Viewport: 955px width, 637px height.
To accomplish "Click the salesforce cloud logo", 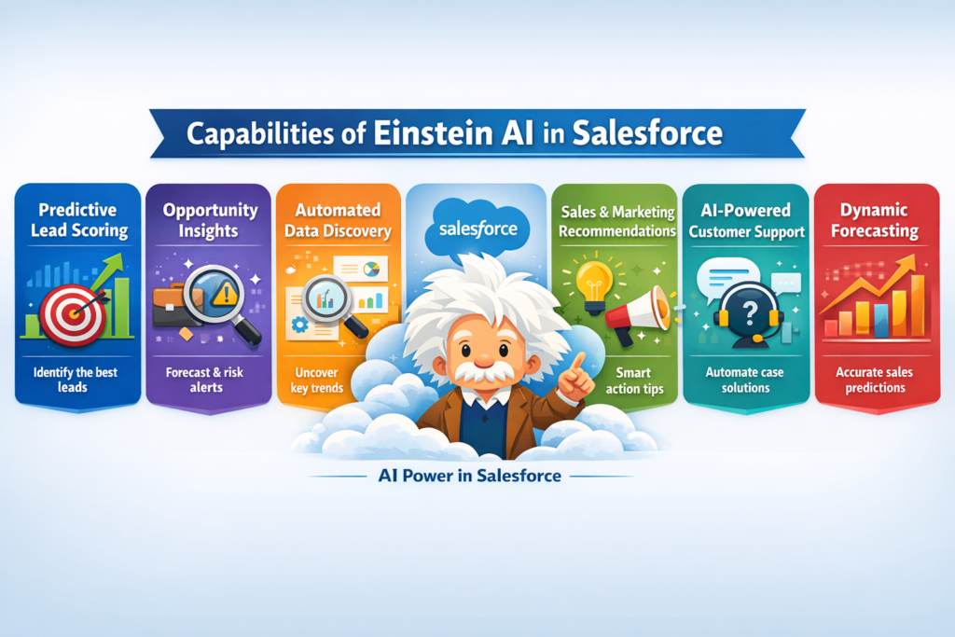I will pyautogui.click(x=471, y=228).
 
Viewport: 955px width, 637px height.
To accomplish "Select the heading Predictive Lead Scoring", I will pyautogui.click(x=78, y=219).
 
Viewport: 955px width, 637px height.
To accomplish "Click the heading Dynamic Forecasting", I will pyautogui.click(x=871, y=219).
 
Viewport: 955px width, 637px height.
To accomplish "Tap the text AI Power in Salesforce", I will pyautogui.click(x=470, y=476).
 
